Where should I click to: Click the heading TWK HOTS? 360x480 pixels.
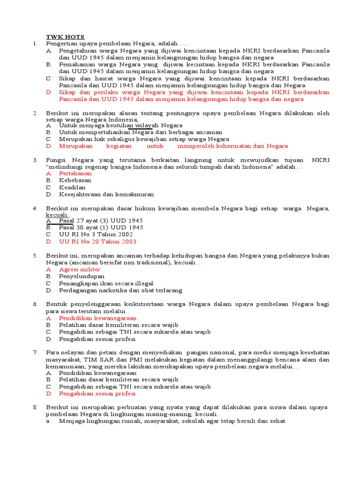pyautogui.click(x=65, y=37)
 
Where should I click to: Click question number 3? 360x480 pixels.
pyautogui.click(x=35, y=160)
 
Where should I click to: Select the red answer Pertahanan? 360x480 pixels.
pyautogui.click(x=75, y=173)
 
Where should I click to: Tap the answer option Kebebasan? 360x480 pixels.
pyautogui.click(x=75, y=180)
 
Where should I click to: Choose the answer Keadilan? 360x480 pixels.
pyautogui.click(x=72, y=187)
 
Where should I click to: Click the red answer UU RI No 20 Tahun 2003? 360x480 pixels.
pyautogui.click(x=97, y=241)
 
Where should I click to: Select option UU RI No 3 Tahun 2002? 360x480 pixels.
pyautogui.click(x=96, y=234)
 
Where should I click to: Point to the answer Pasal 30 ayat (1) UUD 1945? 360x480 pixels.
pyautogui.click(x=101, y=227)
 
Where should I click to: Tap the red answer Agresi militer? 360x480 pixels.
pyautogui.click(x=80, y=270)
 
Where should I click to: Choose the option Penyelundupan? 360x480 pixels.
pyautogui.click(x=82, y=277)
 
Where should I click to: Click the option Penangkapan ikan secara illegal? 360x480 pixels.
pyautogui.click(x=106, y=284)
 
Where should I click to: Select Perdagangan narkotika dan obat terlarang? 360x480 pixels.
pyautogui.click(x=120, y=290)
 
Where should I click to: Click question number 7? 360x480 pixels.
pyautogui.click(x=35, y=352)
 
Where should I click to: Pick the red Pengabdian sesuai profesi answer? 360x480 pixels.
pyautogui.click(x=97, y=394)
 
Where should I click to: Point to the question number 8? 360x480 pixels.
pyautogui.click(x=35, y=407)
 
